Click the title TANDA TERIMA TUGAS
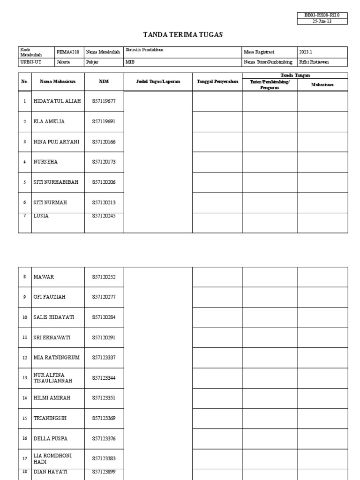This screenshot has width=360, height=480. pyautogui.click(x=182, y=35)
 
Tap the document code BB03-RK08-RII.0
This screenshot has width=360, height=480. pyautogui.click(x=322, y=15)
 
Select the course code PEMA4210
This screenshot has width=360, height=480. pyautogui.click(x=68, y=52)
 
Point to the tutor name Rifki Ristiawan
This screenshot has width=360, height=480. pyautogui.click(x=314, y=62)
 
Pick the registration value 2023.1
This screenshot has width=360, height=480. pyautogui.click(x=306, y=52)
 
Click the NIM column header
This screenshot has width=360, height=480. pyautogui.click(x=104, y=82)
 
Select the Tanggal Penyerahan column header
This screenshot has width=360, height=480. pyautogui.click(x=217, y=82)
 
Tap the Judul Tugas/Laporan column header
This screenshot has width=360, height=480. pyautogui.click(x=158, y=82)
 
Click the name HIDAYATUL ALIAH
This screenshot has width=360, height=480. pyautogui.click(x=57, y=101)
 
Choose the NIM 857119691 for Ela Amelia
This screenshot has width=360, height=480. pyautogui.click(x=104, y=121)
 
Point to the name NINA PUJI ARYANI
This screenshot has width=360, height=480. pyautogui.click(x=57, y=142)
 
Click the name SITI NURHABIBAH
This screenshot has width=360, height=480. pyautogui.click(x=56, y=182)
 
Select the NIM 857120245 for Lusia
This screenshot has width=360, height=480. pyautogui.click(x=104, y=216)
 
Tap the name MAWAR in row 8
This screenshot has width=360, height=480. pyautogui.click(x=44, y=277)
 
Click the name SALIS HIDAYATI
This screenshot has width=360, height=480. pyautogui.click(x=54, y=317)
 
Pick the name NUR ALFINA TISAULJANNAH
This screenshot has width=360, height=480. pyautogui.click(x=53, y=378)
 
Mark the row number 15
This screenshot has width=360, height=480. pyautogui.click(x=24, y=418)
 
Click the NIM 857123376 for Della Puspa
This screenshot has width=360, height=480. pyautogui.click(x=104, y=438)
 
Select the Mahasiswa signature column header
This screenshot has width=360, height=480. pyautogui.click(x=322, y=85)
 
